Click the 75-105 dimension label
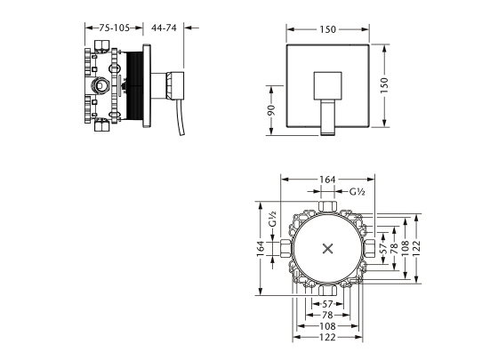click(115, 28)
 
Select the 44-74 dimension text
click(164, 28)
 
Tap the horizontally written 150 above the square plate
click(327, 29)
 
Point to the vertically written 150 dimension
click(384, 85)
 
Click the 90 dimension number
click(271, 110)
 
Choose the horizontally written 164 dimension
click(327, 180)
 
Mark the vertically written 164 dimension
click(261, 249)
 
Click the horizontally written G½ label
click(357, 192)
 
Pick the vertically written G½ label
click(273, 219)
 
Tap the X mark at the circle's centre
click(327, 249)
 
